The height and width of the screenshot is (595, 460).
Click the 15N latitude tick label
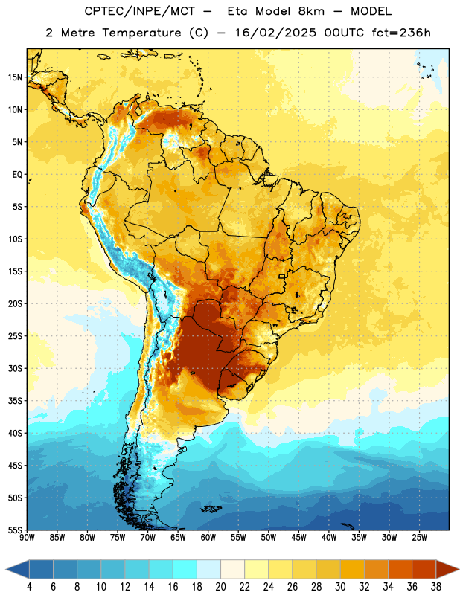[x=15, y=77]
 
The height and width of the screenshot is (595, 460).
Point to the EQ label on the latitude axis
[x=17, y=175]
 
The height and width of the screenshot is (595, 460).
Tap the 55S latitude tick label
[x=15, y=530]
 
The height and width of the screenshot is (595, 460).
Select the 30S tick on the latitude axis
[x=15, y=368]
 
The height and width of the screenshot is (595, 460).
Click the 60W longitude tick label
[x=208, y=538]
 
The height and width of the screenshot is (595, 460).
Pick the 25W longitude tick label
[x=419, y=538]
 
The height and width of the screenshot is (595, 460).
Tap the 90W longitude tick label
[x=28, y=538]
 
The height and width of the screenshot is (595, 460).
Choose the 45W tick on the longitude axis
[x=298, y=538]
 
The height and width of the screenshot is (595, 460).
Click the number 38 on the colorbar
[x=436, y=587]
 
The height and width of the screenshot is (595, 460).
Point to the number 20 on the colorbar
[x=220, y=587]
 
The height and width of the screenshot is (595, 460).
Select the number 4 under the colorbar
[x=29, y=587]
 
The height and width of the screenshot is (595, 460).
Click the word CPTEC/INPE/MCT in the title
[x=140, y=11]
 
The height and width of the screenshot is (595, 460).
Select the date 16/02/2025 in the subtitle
[x=275, y=33]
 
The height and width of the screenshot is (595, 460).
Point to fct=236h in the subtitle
[x=401, y=33]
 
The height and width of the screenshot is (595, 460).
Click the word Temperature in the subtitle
[x=141, y=33]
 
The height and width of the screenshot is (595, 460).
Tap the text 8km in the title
[x=311, y=11]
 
